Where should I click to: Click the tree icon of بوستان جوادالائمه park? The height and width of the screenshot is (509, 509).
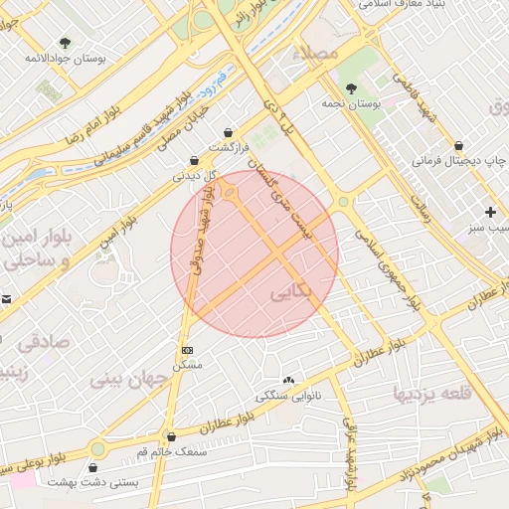66,43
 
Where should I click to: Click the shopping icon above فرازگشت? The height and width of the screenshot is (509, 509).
230,131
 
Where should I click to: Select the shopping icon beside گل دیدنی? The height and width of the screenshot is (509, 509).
195,160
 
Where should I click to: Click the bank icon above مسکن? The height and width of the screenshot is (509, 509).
187,351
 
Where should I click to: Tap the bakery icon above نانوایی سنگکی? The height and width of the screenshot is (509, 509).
289,380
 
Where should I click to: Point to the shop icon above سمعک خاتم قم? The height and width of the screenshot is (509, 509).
172,436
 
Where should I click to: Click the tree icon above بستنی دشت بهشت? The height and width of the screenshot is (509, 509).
96,466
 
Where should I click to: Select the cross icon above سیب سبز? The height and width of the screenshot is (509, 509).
490,212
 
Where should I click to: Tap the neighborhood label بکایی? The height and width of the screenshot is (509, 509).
290,295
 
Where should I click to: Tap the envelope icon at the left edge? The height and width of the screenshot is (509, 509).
6,299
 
